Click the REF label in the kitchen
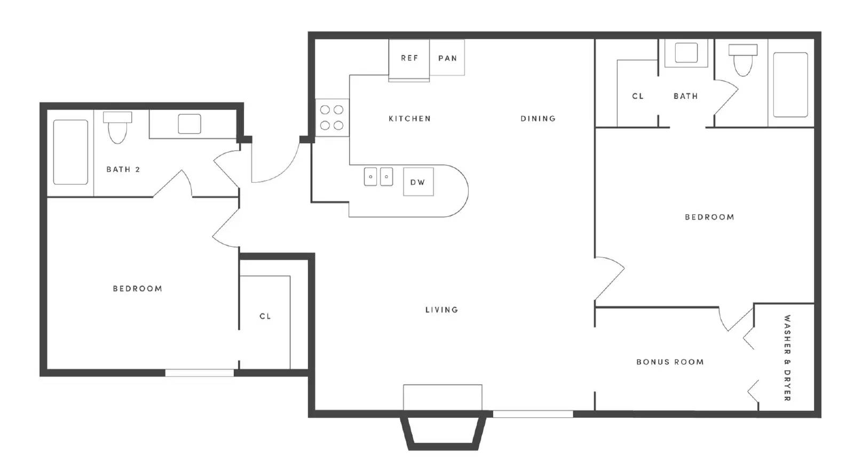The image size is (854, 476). tap(409, 58)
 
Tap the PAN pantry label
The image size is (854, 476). tap(448, 58)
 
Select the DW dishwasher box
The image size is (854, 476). tap(418, 182)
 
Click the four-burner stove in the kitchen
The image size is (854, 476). tap(331, 118)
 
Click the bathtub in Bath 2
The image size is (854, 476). tap(70, 152)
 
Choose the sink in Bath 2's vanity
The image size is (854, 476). tap(189, 124)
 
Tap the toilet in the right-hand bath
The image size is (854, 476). tap(742, 60)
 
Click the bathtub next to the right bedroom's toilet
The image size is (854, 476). tap(790, 85)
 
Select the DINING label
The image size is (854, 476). tap(538, 119)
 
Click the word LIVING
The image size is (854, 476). tap(441, 309)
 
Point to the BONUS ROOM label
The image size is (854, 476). tap(670, 362)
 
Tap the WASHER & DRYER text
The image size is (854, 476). tap(787, 358)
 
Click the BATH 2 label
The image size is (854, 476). tap(123, 169)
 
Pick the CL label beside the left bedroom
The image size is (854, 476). tap(265, 316)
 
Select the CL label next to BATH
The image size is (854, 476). tap(638, 96)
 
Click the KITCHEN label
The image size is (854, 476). tap(409, 119)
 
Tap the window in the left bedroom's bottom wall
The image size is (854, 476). tap(200, 373)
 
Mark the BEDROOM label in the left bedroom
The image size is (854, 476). tap(137, 288)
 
